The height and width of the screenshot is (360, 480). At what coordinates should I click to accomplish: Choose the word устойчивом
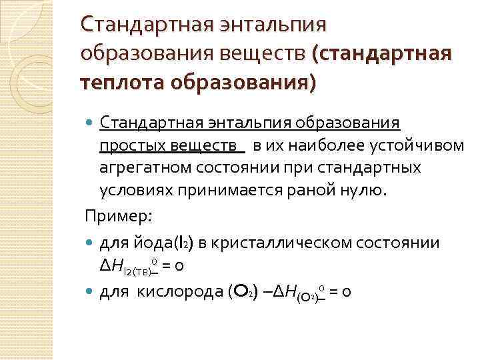point(423,146)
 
